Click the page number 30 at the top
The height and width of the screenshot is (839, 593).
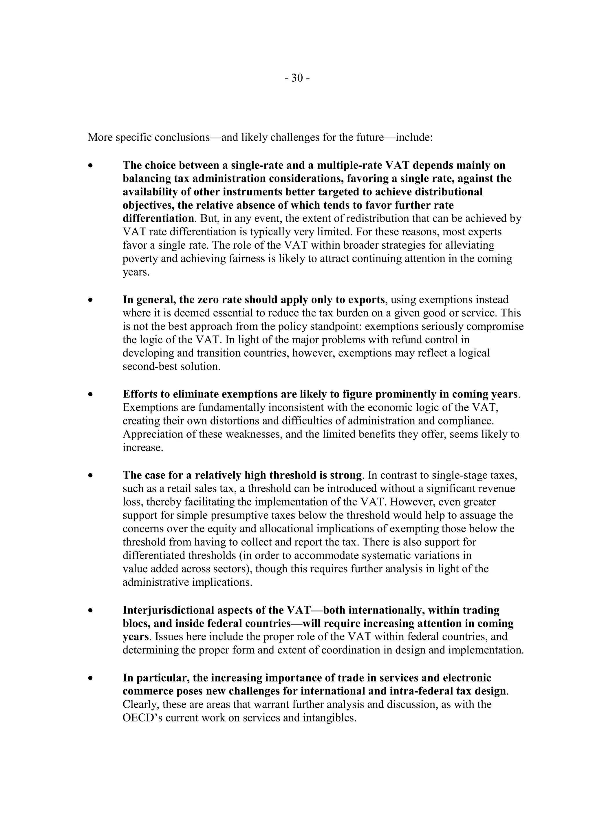[x=297, y=78]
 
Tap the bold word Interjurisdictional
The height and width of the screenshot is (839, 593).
[x=169, y=610]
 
